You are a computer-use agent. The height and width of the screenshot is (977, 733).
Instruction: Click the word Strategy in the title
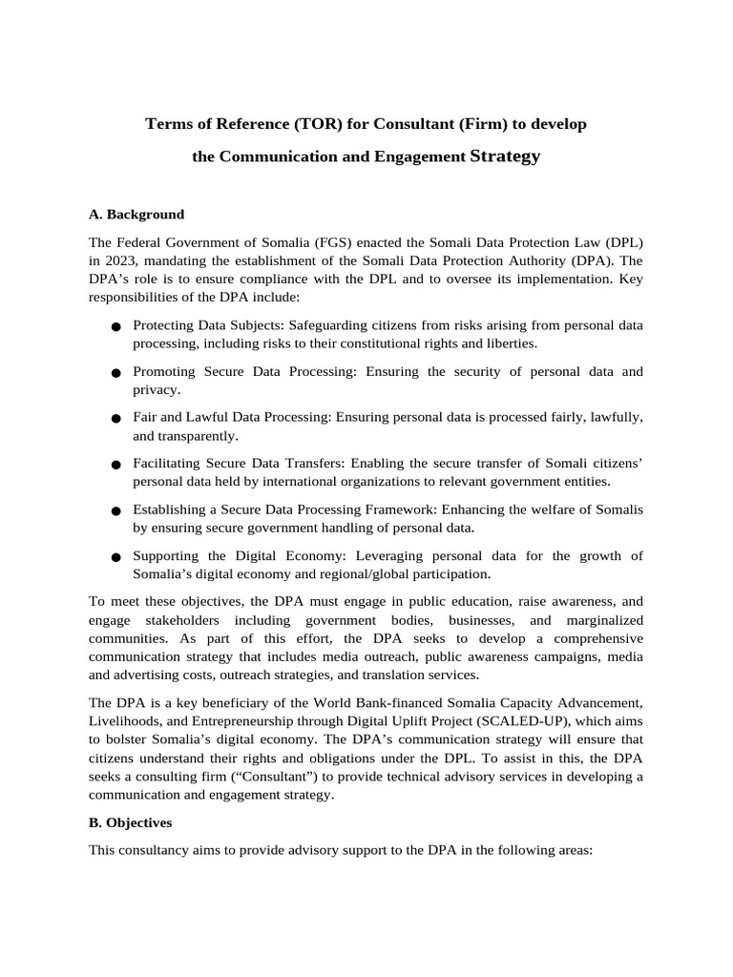(505, 156)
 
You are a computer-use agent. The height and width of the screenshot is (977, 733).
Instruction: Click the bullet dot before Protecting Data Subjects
(115, 326)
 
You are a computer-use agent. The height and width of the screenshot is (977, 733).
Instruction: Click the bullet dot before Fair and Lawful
(115, 418)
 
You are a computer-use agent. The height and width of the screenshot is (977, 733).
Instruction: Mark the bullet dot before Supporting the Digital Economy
(115, 556)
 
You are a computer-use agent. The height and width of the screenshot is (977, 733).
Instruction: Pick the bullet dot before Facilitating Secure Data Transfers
(115, 465)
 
